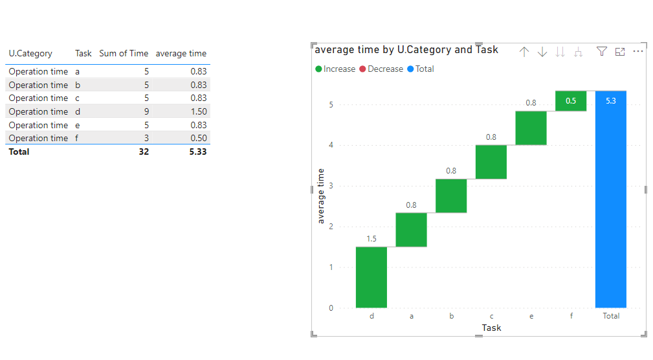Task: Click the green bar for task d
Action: click(x=371, y=277)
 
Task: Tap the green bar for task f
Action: click(x=571, y=101)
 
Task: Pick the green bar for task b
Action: click(x=451, y=196)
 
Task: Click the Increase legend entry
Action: click(x=335, y=69)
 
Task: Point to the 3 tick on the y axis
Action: click(x=331, y=186)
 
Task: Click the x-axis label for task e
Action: click(x=531, y=316)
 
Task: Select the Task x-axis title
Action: click(x=491, y=328)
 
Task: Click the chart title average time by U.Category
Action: click(x=406, y=50)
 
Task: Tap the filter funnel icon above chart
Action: click(x=601, y=52)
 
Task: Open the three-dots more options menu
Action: click(x=638, y=52)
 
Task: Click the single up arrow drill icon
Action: click(x=524, y=52)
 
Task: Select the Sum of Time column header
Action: click(x=124, y=53)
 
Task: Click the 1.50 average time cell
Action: click(x=198, y=111)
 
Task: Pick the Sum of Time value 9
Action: click(x=146, y=111)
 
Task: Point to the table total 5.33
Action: click(x=197, y=152)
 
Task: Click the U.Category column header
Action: click(x=30, y=53)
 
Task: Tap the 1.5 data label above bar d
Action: click(x=371, y=239)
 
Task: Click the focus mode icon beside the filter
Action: click(x=620, y=52)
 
